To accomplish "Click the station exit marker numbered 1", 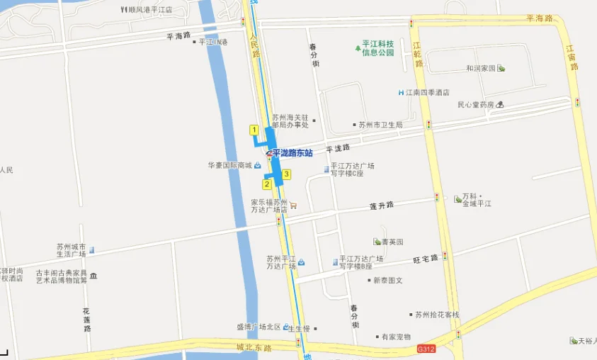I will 254,130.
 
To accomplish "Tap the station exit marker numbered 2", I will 267,184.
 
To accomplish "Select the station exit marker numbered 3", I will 286,174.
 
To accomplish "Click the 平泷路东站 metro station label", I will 292,153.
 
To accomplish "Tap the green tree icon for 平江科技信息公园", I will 358,47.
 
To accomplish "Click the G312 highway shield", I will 426,349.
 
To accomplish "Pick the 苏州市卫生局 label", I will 380,125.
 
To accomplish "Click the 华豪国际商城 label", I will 229,166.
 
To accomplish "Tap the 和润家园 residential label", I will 480,69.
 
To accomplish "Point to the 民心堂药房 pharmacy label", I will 475,105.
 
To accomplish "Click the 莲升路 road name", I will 381,206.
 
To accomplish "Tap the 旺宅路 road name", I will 426,259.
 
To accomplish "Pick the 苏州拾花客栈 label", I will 437,315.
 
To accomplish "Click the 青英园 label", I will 392,242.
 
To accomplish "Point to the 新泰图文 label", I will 388,280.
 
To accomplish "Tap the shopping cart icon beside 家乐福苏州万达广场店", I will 293,206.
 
